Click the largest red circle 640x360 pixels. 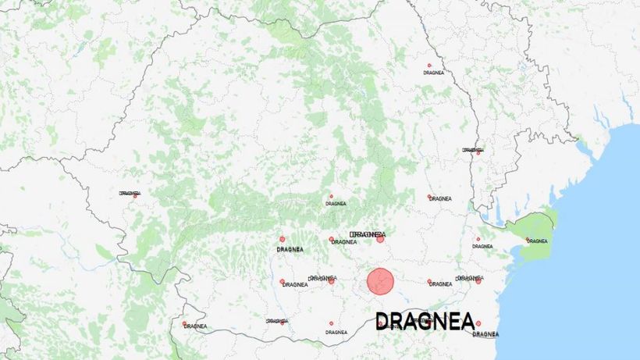coord(380,281)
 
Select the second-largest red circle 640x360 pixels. coord(380,239)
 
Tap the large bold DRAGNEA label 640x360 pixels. coord(425,322)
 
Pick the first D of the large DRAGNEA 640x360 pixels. coord(383,322)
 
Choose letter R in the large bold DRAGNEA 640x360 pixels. coord(398,322)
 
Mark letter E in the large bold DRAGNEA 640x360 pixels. coord(455,322)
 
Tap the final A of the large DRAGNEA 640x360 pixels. coord(468,322)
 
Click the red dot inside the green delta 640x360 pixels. coord(528,240)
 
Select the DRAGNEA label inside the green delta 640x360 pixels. coord(537,241)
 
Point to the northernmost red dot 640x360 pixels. coord(429,66)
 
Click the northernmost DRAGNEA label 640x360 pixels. coord(434,72)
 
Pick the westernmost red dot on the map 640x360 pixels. coord(134,196)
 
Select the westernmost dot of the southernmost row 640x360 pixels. coord(185,323)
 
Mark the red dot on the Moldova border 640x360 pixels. coord(478,153)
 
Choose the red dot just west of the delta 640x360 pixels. coord(478,240)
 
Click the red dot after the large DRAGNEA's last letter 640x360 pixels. coord(478,323)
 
